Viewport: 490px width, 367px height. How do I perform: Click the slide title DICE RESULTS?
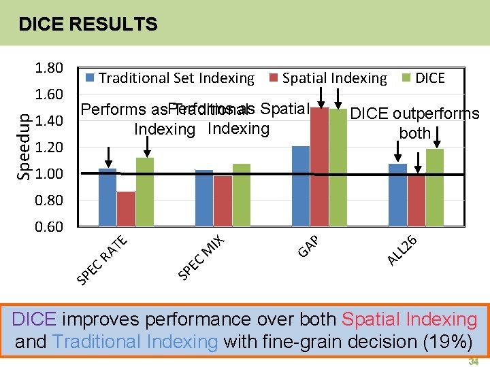88,25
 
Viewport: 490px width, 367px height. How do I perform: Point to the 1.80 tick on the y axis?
49,68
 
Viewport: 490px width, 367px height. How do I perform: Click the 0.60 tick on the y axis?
49,227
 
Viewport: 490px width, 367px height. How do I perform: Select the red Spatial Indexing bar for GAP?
319,167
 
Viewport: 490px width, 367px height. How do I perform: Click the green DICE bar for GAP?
338,167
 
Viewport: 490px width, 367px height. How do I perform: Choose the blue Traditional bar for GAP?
300,186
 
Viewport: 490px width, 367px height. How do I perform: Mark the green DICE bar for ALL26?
435,187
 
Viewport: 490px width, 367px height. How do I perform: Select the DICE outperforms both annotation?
414,123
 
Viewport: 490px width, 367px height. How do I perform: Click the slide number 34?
474,362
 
